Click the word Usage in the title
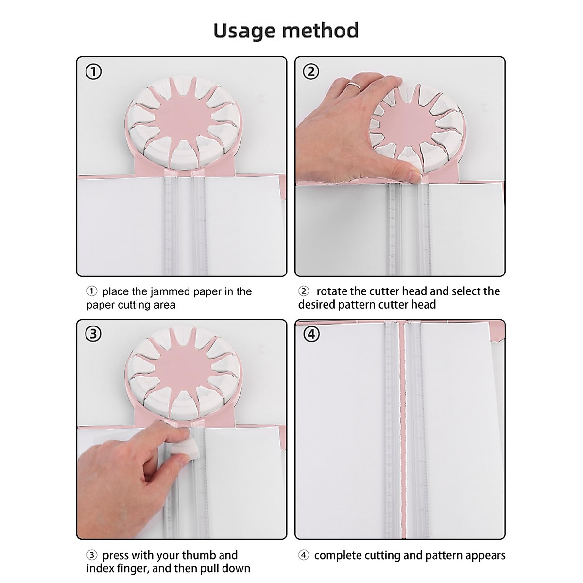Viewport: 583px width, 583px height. tap(245, 31)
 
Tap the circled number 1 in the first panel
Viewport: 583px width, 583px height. tap(93, 72)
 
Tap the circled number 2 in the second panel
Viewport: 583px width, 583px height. tap(311, 72)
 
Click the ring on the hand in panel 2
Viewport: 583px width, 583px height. tap(355, 87)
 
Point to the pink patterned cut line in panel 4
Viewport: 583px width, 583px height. tap(402, 428)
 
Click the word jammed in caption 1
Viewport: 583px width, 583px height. tap(178, 291)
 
